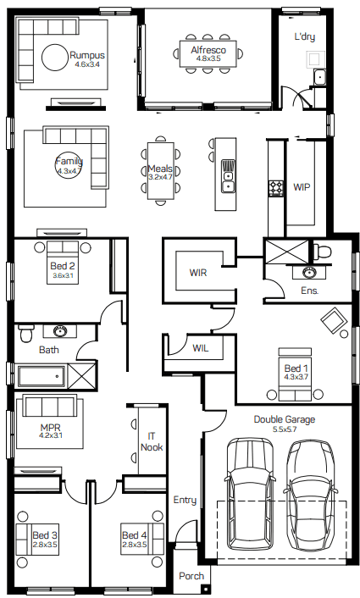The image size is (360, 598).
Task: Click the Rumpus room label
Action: [x=87, y=55]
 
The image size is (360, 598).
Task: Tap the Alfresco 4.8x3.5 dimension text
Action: [x=208, y=58]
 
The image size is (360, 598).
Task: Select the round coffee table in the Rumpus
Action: [x=54, y=58]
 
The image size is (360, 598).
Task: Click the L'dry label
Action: [x=305, y=36]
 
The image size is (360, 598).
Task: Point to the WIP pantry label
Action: [x=302, y=187]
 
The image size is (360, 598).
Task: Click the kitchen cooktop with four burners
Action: [x=276, y=188]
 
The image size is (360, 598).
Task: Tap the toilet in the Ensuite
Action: [x=322, y=252]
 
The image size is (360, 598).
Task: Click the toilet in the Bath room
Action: [x=27, y=333]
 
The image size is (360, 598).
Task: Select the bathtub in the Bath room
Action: [x=42, y=376]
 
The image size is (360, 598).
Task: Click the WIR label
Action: [x=198, y=273]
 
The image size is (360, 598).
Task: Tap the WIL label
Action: [x=200, y=347]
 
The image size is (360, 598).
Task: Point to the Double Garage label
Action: [x=285, y=419]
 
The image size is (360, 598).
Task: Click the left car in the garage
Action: [x=250, y=495]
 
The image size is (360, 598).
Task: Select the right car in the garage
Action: [x=311, y=496]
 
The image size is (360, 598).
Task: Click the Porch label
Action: [x=191, y=576]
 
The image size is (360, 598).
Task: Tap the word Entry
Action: [x=185, y=500]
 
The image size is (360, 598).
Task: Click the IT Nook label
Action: [x=152, y=441]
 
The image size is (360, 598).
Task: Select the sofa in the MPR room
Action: [x=50, y=406]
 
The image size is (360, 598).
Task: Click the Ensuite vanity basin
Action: [x=308, y=272]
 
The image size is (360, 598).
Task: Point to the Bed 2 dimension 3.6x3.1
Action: [x=63, y=275]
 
